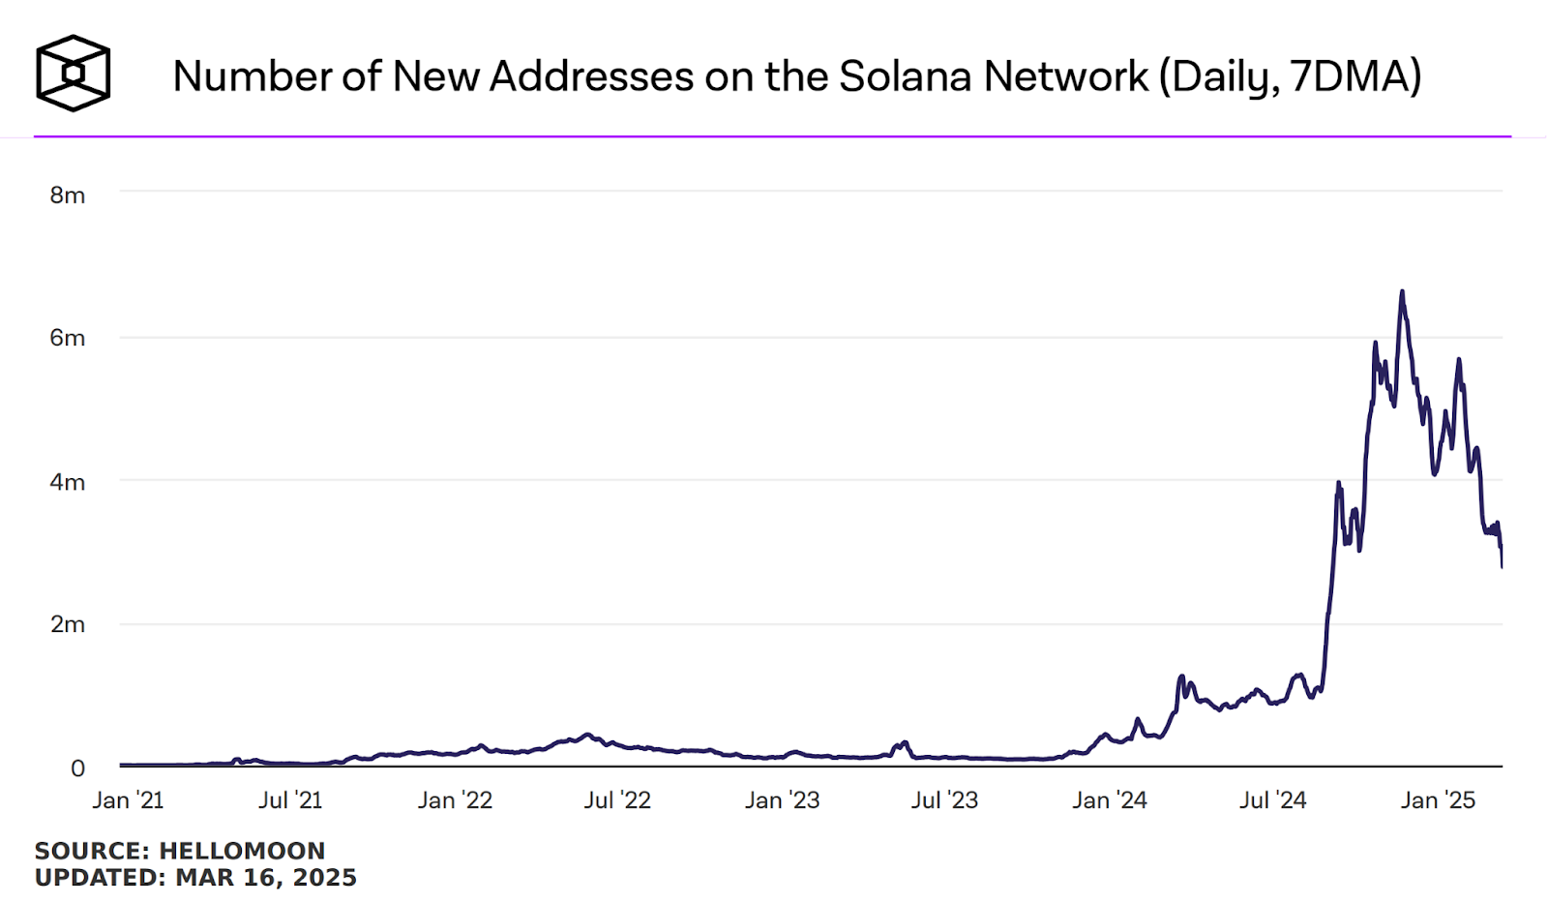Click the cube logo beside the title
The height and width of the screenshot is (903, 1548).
tap(74, 74)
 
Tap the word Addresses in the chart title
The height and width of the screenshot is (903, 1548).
tap(592, 76)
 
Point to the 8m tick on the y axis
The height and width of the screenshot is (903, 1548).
tap(68, 196)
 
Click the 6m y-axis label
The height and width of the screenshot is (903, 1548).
tap(68, 338)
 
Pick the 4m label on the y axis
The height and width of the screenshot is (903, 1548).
tap(68, 482)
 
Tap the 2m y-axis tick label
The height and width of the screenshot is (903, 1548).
tap(68, 624)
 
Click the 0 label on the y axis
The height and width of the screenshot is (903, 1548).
tap(77, 768)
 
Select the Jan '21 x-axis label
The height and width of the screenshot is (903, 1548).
tap(128, 800)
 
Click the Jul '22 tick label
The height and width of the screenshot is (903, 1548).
tap(617, 800)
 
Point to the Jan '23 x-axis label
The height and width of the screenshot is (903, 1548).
tap(782, 800)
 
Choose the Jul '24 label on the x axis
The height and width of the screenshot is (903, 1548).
tap(1272, 800)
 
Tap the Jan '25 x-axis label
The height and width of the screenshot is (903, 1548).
tap(1438, 800)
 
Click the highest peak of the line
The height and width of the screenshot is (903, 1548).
tap(1402, 291)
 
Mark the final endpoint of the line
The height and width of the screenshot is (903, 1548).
tap(1502, 566)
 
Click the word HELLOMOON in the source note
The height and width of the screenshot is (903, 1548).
tap(242, 851)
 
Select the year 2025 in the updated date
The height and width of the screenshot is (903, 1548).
tap(324, 878)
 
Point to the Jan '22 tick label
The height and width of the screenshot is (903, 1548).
tap(455, 800)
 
